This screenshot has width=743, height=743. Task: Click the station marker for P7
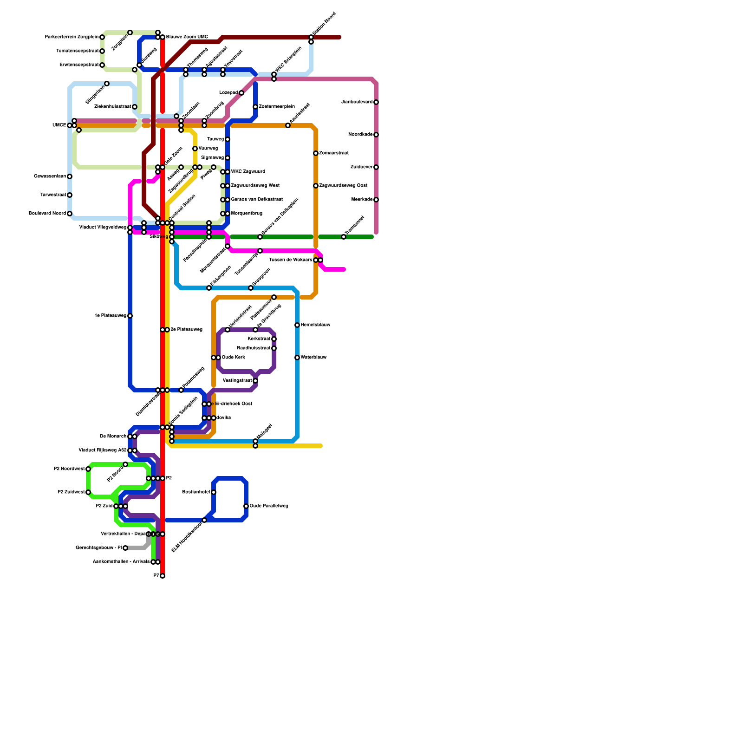[x=163, y=576]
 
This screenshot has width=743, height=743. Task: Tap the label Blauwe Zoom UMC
[x=187, y=37]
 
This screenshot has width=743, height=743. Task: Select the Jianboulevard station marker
[x=376, y=102]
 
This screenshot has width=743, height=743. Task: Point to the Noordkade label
[x=360, y=135]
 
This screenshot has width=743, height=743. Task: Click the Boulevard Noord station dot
[x=70, y=214]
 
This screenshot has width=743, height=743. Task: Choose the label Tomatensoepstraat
[x=77, y=51]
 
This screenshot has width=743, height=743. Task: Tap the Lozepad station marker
[x=241, y=93]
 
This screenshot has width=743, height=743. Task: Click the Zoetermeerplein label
[x=277, y=107]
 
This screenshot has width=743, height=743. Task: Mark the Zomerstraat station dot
[x=316, y=153]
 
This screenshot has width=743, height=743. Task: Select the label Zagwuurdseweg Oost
[x=343, y=186]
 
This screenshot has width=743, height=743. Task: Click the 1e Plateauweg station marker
[x=130, y=316]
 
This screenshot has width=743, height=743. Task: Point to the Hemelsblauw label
[x=315, y=325]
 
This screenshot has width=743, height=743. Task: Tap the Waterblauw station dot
[x=297, y=358]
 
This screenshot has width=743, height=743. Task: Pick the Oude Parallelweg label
[x=269, y=506]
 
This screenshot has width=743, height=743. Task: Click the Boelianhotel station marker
[x=214, y=492]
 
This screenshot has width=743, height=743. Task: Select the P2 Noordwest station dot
[x=88, y=469]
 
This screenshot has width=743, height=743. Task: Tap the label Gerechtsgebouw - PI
[x=98, y=548]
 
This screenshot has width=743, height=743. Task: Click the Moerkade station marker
[x=376, y=200]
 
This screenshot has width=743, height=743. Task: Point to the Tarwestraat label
[x=53, y=195]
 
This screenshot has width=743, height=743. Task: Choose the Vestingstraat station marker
[x=255, y=381]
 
